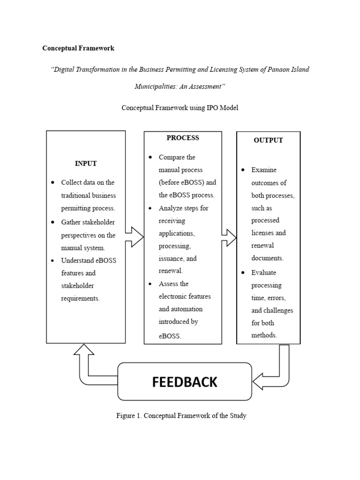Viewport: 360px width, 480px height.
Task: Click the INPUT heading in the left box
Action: [86, 164]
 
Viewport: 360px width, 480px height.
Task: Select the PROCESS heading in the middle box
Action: [183, 138]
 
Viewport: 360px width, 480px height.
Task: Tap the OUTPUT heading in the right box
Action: [268, 140]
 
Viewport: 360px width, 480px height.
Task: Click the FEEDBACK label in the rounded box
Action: [185, 382]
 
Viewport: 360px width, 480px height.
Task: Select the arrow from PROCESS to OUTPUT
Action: [229, 237]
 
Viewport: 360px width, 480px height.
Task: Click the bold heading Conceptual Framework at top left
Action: [78, 48]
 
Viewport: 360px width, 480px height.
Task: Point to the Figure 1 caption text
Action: [181, 416]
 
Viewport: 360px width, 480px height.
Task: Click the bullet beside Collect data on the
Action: [53, 182]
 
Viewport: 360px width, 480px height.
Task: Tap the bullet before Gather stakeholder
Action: [53, 222]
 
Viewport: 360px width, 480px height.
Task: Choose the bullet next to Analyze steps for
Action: [150, 208]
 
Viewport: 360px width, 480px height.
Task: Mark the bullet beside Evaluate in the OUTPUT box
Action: [243, 272]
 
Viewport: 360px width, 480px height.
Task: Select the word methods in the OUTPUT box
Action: [264, 335]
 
